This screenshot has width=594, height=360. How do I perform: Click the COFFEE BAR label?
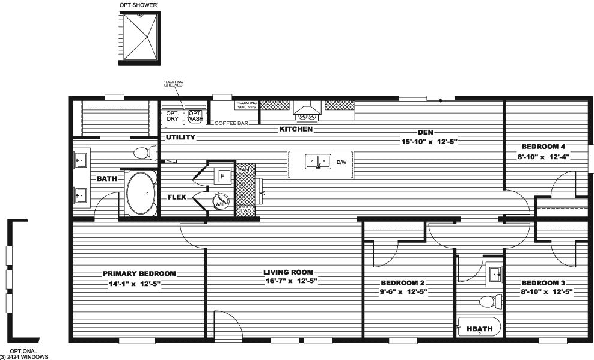(231, 123)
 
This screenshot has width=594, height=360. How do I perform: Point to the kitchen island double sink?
(317, 162)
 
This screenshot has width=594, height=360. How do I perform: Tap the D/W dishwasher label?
(341, 162)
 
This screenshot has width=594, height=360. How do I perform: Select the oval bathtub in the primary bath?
(141, 194)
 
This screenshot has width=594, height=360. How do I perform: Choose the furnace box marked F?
(222, 176)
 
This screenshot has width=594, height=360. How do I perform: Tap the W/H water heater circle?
(221, 202)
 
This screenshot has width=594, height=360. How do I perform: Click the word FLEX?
(177, 197)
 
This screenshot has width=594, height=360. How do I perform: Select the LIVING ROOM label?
(290, 272)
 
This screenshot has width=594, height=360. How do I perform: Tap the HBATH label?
(476, 329)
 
